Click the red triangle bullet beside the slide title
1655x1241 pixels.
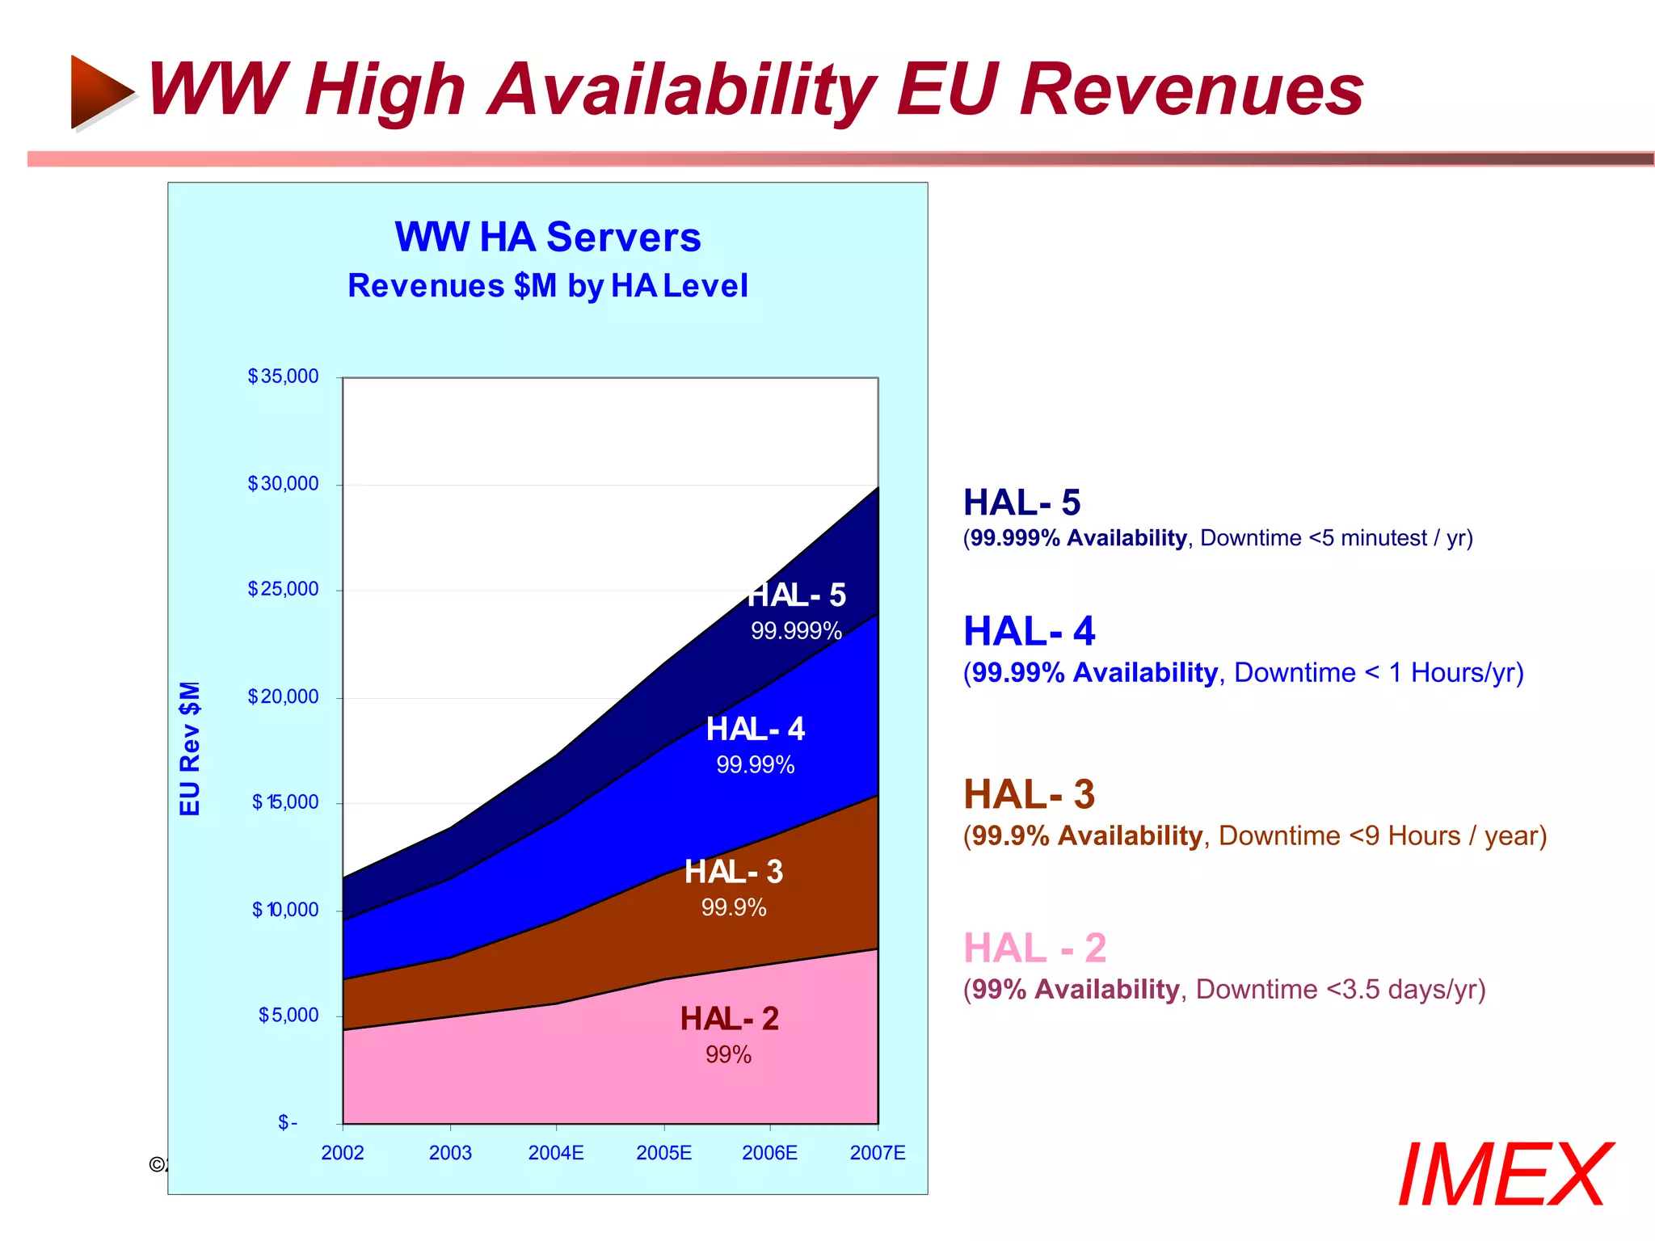[x=100, y=91]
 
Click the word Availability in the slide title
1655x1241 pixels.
[x=683, y=90]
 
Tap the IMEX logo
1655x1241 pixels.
[x=1505, y=1176]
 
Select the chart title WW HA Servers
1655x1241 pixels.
[x=547, y=238]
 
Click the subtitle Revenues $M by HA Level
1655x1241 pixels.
[x=547, y=286]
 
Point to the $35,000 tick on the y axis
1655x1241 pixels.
[x=283, y=377]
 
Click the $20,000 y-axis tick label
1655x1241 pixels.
[x=283, y=696]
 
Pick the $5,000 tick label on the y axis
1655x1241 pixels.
[x=288, y=1016]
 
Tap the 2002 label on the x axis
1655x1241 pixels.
[x=343, y=1153]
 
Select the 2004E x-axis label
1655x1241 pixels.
[x=556, y=1153]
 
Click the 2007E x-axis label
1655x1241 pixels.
[x=877, y=1153]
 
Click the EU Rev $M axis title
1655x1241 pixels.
[x=190, y=748]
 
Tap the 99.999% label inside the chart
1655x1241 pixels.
[x=796, y=631]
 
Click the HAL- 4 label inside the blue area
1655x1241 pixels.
[x=756, y=730]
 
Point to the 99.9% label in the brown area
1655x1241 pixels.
[x=733, y=908]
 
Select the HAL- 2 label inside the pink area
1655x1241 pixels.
[x=729, y=1020]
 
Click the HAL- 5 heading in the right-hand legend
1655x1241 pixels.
[x=1021, y=503]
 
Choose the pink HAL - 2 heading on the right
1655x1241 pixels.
[x=1034, y=949]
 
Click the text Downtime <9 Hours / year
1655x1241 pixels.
[x=1382, y=836]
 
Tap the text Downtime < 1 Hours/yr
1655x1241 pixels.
[x=1378, y=673]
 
